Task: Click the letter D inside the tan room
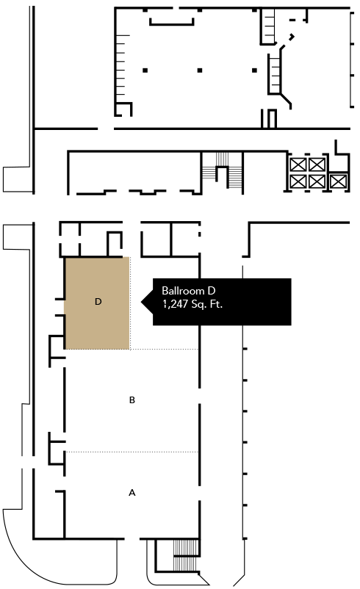(98, 302)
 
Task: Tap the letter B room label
(132, 400)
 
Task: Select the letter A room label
(132, 493)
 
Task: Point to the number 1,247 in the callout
(175, 304)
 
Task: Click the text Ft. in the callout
(216, 304)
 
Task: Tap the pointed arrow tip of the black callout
(142, 302)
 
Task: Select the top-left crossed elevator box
(298, 165)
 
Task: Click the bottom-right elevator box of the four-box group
(317, 182)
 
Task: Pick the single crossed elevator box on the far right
(337, 182)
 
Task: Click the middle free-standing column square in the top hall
(200, 71)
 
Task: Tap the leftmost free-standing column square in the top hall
(145, 71)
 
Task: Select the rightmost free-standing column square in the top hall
(254, 71)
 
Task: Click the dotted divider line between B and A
(132, 452)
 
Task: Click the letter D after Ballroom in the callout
(212, 291)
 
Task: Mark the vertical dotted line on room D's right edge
(130, 303)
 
